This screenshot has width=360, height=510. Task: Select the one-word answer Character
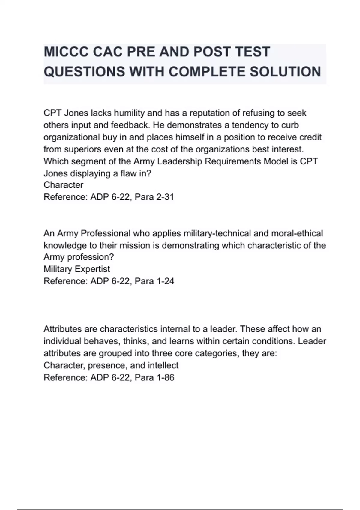coord(63,185)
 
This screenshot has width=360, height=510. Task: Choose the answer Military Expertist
coord(77,269)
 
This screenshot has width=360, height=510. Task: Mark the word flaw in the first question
coord(128,173)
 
